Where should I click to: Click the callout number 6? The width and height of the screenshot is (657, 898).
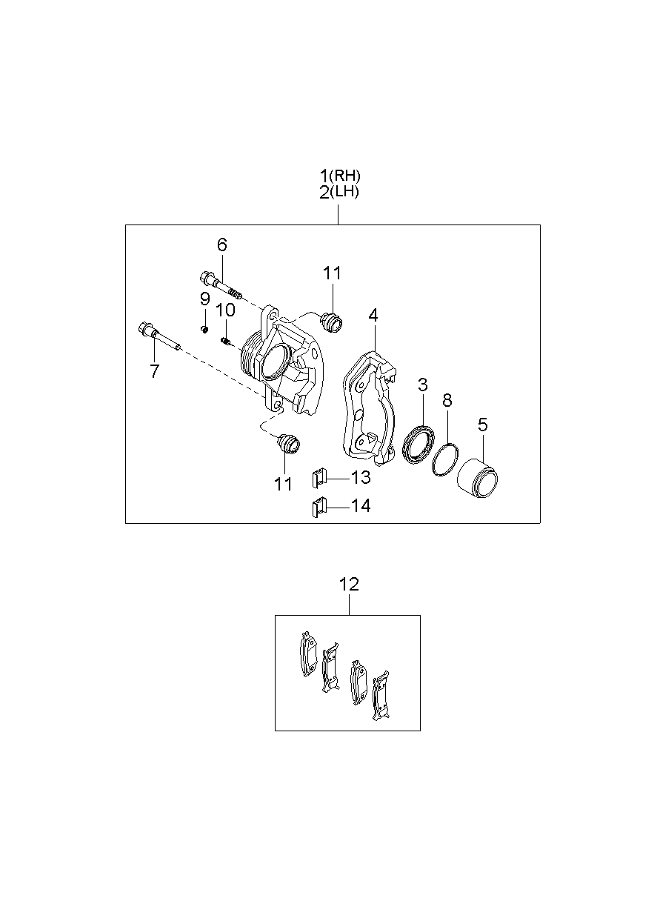(x=221, y=245)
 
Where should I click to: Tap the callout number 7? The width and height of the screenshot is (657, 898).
(x=154, y=370)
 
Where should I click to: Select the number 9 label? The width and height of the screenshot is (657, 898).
(x=204, y=299)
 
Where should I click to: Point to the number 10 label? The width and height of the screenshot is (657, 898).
(x=225, y=310)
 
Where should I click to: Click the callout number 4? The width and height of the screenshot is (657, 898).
(x=373, y=316)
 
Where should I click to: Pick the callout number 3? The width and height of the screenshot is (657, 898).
(x=422, y=385)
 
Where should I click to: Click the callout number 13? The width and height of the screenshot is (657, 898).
(x=361, y=477)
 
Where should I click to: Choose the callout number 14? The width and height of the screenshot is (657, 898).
(x=361, y=506)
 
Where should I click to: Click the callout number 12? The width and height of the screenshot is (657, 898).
(x=349, y=585)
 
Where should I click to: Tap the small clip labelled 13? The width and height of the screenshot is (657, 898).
(x=319, y=478)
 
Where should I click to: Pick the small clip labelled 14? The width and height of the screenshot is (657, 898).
(x=319, y=507)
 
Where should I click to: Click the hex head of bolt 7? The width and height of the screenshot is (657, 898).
(x=143, y=328)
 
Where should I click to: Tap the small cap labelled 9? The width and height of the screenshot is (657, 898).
(x=204, y=329)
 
